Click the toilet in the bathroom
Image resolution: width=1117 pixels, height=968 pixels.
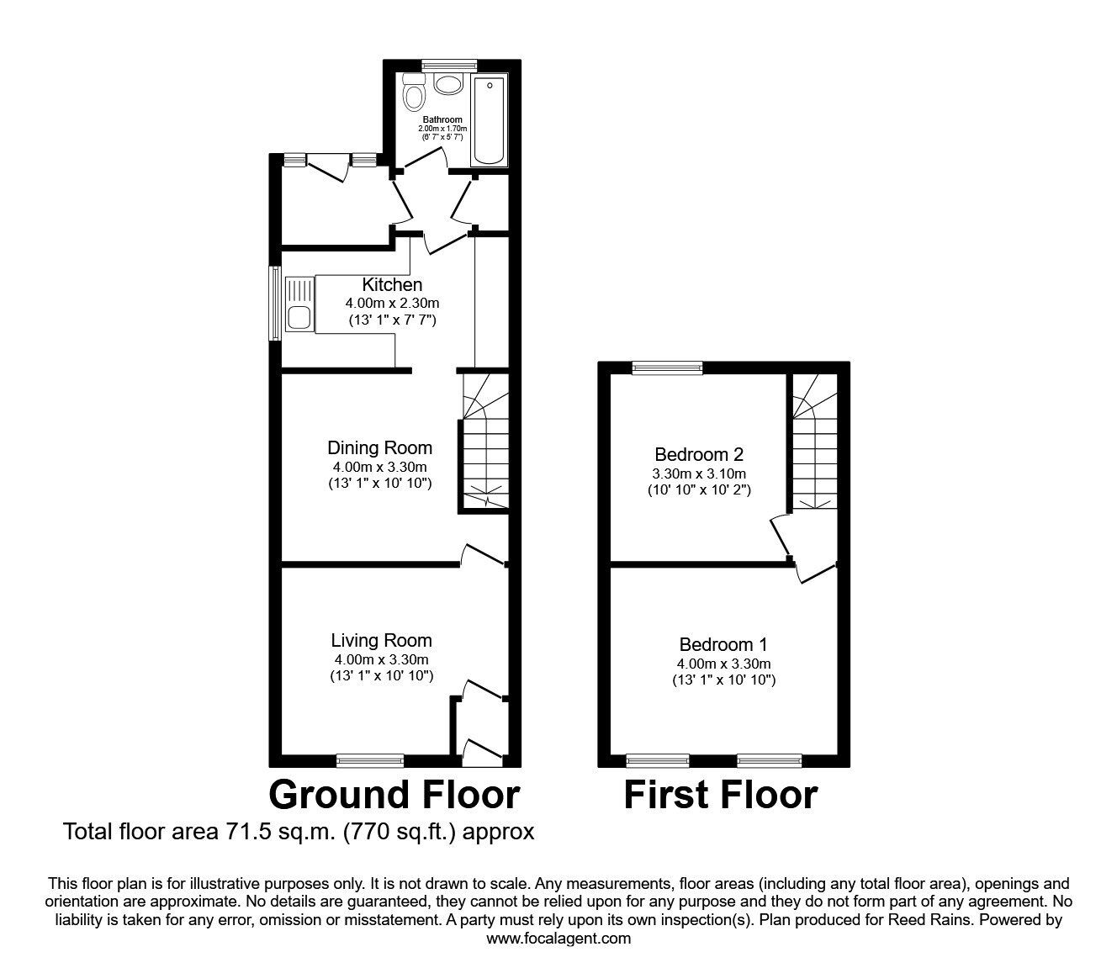[414, 93]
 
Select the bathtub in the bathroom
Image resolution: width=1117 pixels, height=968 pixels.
[489, 120]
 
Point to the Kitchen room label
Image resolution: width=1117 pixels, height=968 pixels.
[392, 284]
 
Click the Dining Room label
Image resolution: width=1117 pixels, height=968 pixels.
[379, 447]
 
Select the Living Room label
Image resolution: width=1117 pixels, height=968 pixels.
[382, 641]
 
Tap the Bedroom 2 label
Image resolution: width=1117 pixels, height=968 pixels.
[699, 454]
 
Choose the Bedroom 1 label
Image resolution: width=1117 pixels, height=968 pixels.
[723, 645]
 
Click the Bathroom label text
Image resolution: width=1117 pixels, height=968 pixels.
[442, 119]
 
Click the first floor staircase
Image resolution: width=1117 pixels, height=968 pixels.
[814, 441]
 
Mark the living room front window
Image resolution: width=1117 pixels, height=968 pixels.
[370, 760]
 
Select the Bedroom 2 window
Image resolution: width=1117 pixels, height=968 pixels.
[667, 368]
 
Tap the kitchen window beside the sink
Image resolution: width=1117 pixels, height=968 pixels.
[275, 303]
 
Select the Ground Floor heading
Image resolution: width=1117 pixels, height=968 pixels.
[394, 795]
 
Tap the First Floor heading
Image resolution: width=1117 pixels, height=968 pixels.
[721, 795]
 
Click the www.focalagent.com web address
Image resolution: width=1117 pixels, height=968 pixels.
[558, 939]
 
